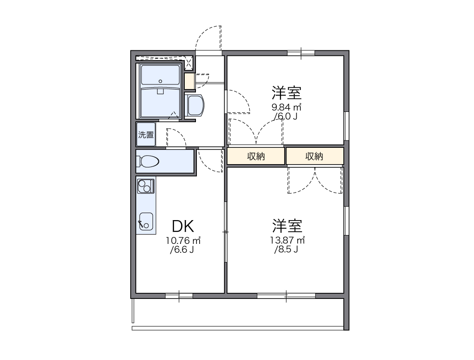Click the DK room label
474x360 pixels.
183,226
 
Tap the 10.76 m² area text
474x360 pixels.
183,241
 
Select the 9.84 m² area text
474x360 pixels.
286,107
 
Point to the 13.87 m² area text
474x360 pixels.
287,241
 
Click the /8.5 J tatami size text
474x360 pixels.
286,249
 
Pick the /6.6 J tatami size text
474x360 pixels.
182,250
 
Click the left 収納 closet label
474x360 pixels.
256,157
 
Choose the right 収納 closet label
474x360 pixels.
314,157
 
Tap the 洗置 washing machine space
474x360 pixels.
146,135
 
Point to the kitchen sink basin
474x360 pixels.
146,221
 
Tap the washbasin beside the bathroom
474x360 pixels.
195,105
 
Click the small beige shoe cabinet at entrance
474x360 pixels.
189,81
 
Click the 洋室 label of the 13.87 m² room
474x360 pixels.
287,226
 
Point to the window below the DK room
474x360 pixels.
179,295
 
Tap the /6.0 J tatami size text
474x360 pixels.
286,116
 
